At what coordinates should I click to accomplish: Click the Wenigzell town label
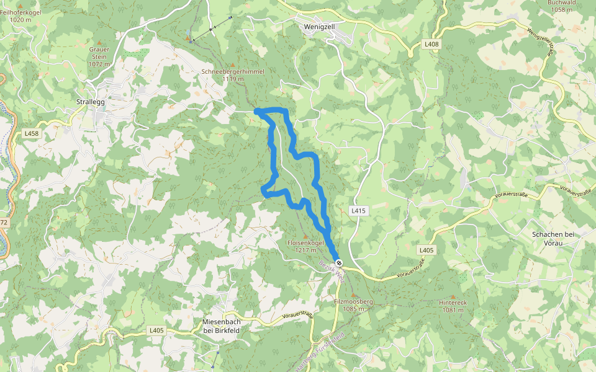click(x=320, y=27)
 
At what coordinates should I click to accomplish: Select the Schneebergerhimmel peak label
click(x=233, y=72)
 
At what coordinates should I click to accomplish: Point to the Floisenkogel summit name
click(x=305, y=243)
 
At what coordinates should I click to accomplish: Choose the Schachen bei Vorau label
click(x=555, y=238)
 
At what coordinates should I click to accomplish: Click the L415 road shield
click(x=359, y=211)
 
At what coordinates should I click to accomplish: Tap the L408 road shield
click(x=431, y=45)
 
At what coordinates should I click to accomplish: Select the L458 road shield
click(x=31, y=133)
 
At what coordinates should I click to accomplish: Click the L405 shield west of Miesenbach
click(x=156, y=330)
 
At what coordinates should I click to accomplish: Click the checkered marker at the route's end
click(x=338, y=263)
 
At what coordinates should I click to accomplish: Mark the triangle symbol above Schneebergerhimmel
click(x=233, y=65)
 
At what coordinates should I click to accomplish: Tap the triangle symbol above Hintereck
click(x=453, y=296)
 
